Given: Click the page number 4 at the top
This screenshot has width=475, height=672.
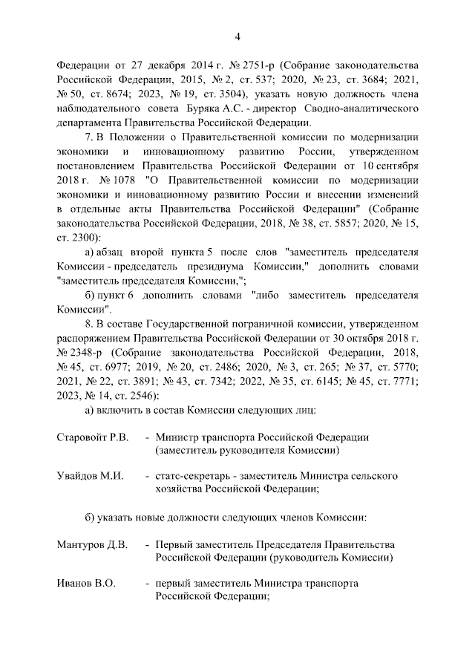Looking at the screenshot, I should pos(237,36).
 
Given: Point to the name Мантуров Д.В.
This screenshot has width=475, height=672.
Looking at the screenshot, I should pos(92,545).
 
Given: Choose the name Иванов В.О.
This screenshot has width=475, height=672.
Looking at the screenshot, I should pos(86,584).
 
